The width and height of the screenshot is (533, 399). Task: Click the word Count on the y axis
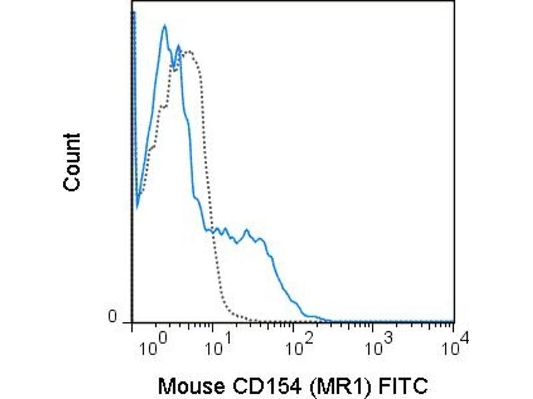click(x=72, y=162)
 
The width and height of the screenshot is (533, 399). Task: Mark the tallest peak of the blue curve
click(x=164, y=27)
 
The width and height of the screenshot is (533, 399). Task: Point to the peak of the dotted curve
click(x=190, y=51)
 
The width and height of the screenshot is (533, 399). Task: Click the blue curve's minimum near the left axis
click(x=137, y=205)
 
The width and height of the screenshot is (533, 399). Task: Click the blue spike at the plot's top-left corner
click(x=133, y=15)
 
